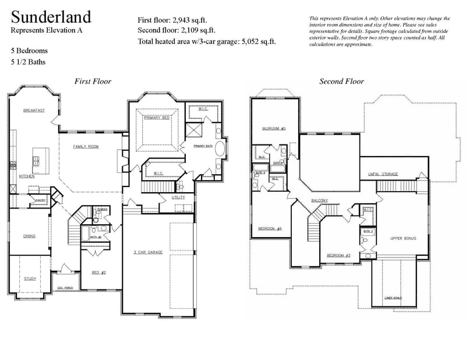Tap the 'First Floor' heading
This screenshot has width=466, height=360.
tap(93, 82)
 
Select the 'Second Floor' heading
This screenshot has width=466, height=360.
tap(341, 82)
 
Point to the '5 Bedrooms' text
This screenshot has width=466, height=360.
tap(29, 51)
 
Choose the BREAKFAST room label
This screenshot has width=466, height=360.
tap(34, 111)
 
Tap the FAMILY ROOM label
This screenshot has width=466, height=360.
tap(86, 147)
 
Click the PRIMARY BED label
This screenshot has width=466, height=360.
tap(156, 118)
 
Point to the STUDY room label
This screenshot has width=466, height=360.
tap(30, 279)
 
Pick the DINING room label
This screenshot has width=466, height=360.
tap(29, 236)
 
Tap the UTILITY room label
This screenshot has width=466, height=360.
tap(178, 197)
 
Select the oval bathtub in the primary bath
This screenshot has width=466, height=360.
tap(220, 149)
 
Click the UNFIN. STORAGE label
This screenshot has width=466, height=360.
tap(383, 174)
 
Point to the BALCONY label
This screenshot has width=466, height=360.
tap(319, 201)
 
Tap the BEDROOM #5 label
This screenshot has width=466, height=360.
tap(273, 128)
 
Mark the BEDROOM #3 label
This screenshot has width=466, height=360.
tap(338, 256)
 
